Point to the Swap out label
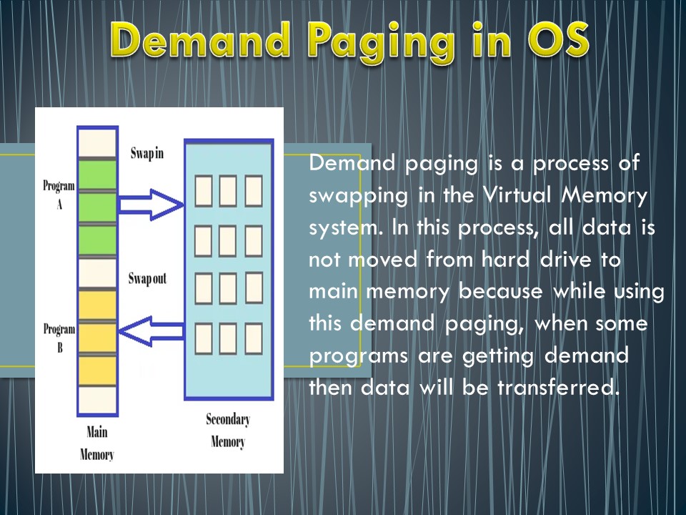[149, 278]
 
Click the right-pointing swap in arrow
[150, 205]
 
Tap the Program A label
[59, 194]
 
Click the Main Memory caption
[96, 443]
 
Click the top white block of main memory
[96, 142]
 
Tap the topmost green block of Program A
[96, 175]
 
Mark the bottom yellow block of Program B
[96, 369]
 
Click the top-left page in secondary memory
[203, 191]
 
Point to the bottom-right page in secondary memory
[254, 338]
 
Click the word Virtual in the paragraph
[535, 194]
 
